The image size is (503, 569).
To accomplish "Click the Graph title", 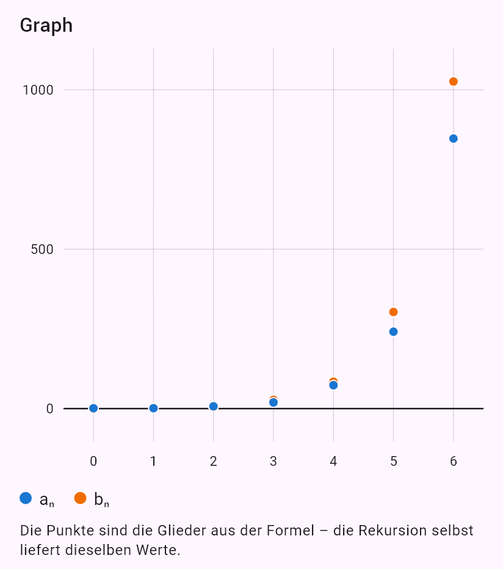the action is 46,26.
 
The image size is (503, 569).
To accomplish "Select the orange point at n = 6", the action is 454,82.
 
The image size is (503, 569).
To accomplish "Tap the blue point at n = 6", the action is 454,139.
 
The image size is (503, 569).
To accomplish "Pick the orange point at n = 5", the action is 393,312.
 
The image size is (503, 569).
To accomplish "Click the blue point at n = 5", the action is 393,332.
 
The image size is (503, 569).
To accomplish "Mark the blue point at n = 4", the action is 333,385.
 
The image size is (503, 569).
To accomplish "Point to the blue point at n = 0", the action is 93,408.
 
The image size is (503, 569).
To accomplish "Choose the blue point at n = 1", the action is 153,408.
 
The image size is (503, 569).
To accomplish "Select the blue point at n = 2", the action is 214,407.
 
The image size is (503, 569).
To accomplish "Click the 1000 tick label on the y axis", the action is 38,90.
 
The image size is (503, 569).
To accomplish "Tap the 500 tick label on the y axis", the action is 42,249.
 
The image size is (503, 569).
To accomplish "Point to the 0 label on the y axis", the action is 50,409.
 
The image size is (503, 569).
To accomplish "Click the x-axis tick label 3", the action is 273,461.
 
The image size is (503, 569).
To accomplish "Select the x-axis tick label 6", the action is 454,461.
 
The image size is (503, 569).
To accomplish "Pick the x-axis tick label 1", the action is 153,461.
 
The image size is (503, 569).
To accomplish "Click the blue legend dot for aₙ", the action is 26,498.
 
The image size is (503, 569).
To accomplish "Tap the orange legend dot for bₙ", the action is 80,498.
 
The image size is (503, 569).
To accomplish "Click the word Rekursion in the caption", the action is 392,531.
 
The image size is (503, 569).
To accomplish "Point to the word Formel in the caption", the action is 291,531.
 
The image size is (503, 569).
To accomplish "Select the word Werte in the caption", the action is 158,550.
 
